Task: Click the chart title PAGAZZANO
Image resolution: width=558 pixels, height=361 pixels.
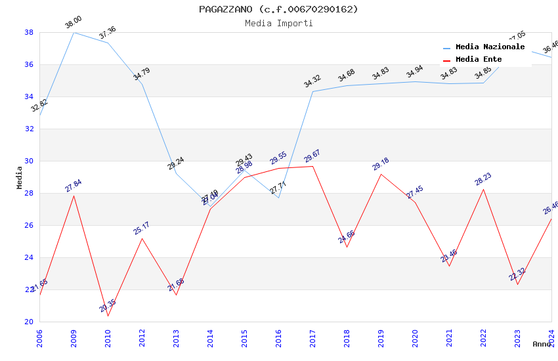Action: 278,9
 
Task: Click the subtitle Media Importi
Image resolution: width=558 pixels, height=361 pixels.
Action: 278,24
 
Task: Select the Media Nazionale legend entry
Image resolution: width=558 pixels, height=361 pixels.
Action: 490,47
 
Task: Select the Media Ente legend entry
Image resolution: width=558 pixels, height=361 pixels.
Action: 479,60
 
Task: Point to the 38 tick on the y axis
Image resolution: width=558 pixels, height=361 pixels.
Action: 29,32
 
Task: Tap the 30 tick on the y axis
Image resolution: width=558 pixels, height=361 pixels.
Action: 29,161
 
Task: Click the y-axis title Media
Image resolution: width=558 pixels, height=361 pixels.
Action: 20,177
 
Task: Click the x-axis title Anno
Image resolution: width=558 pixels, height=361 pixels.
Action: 542,344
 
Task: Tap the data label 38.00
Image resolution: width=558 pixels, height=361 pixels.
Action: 74,25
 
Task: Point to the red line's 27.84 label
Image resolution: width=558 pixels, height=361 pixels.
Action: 74,186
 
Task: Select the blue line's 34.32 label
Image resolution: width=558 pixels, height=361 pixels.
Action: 312,81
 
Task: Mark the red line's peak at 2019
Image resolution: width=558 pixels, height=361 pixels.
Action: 381,174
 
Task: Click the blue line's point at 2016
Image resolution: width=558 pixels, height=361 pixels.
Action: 278,198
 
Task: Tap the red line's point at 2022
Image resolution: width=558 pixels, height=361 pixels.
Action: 483,189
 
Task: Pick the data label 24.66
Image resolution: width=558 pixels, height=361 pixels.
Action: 347,237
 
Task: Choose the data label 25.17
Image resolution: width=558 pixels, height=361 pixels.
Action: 142,228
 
